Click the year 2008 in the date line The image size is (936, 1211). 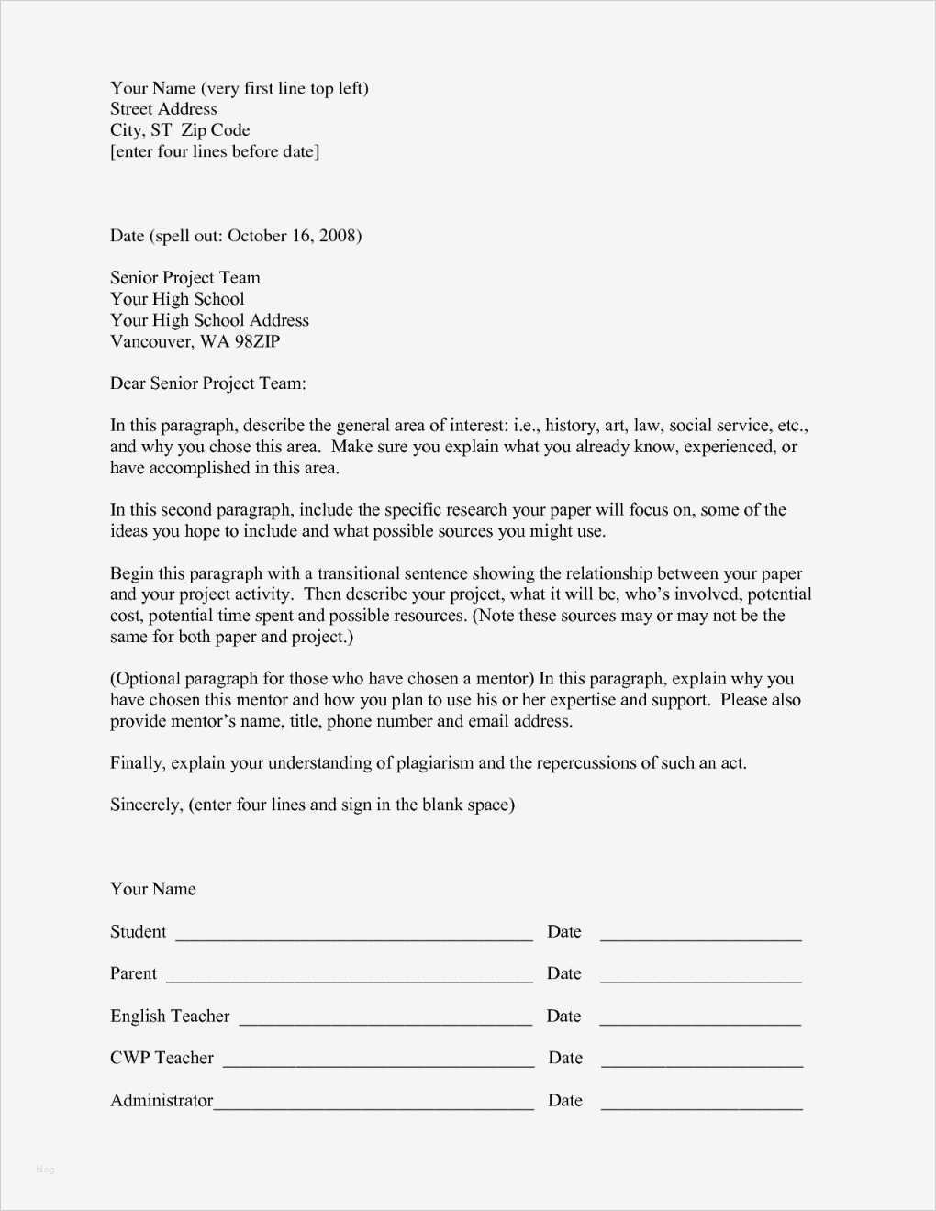(337, 236)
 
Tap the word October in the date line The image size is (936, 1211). (257, 236)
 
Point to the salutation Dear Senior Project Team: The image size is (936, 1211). (208, 383)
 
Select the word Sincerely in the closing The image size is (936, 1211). (146, 805)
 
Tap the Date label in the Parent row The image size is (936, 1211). (563, 973)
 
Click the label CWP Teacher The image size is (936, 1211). (162, 1058)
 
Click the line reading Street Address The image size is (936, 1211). (163, 109)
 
